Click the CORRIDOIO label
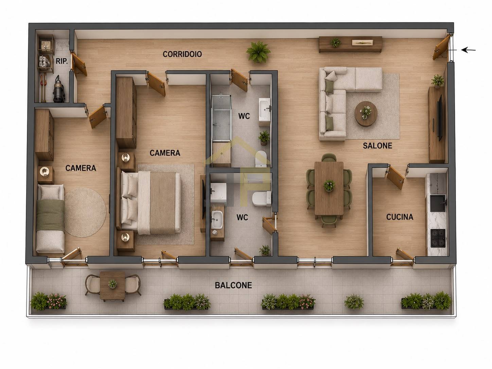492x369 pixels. [182, 54]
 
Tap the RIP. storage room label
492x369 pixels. [62, 61]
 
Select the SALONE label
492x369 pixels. [377, 146]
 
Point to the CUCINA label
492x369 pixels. [400, 217]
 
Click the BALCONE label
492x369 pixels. [233, 285]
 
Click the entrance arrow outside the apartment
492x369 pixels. [469, 50]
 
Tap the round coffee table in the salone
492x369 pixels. [366, 114]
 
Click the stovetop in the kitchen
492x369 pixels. [438, 238]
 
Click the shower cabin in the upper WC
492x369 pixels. [222, 118]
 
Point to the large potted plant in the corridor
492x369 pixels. [258, 52]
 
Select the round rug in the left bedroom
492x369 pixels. [85, 212]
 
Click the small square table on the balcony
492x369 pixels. [112, 286]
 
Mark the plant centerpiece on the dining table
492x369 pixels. [329, 186]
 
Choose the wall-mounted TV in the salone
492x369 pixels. [440, 118]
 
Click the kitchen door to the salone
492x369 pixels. [395, 177]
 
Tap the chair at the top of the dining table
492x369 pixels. [329, 158]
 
